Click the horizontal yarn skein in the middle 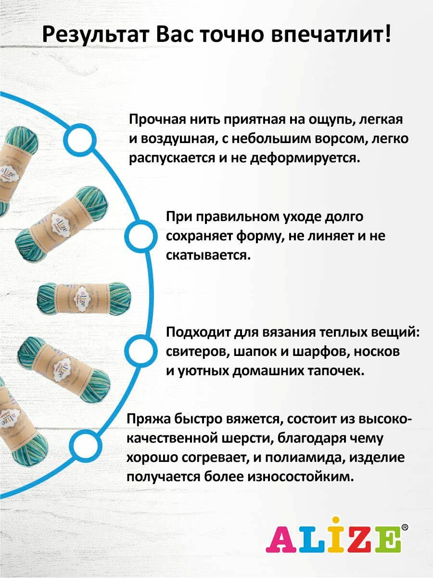(84, 299)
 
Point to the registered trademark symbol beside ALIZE (405, 527)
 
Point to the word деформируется (304, 158)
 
